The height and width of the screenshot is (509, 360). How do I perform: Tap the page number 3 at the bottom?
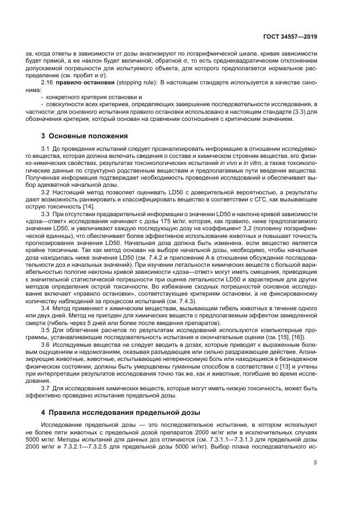315,463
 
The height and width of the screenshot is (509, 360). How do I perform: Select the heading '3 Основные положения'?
84,135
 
